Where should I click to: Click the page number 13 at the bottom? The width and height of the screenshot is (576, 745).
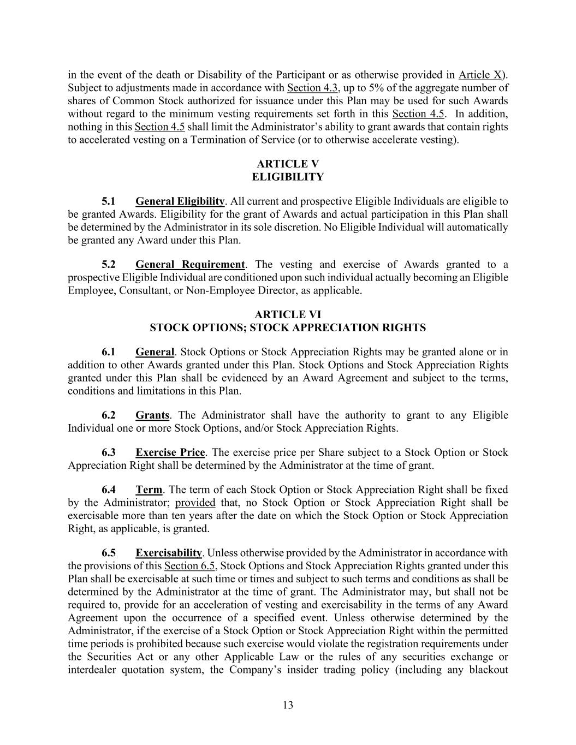(288, 705)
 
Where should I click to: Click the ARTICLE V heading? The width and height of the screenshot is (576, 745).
(288, 164)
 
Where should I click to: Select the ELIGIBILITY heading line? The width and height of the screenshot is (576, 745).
(288, 177)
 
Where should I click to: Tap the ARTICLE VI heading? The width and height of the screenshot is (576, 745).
(288, 314)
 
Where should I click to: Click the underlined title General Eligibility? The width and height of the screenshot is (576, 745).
(180, 201)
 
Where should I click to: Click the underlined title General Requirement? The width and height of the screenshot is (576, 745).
(190, 265)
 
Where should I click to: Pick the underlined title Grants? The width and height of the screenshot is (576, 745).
(152, 415)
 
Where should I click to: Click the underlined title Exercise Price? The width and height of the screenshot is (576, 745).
(170, 452)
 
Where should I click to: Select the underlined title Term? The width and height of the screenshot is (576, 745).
(149, 490)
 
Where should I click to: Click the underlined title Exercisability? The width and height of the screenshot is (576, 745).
(169, 553)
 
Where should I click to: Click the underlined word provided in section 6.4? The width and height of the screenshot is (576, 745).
(195, 503)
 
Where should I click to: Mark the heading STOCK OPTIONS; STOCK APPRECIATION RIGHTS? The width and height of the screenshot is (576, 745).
(288, 327)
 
